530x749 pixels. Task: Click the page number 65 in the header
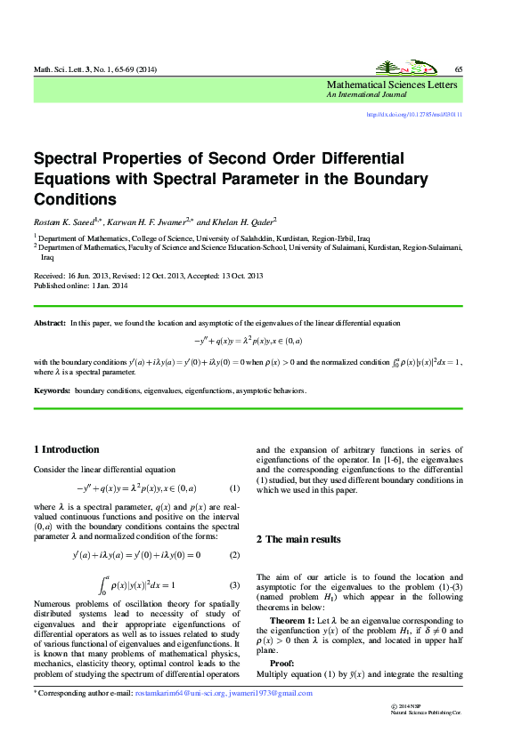pos(458,69)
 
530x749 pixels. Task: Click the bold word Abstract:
pos(50,323)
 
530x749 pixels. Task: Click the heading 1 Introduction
pos(66,449)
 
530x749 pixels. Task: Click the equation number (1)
pos(234,488)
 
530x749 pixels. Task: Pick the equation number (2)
pos(234,555)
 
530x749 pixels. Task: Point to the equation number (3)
pos(234,584)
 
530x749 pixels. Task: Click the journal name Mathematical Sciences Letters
pos(392,85)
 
